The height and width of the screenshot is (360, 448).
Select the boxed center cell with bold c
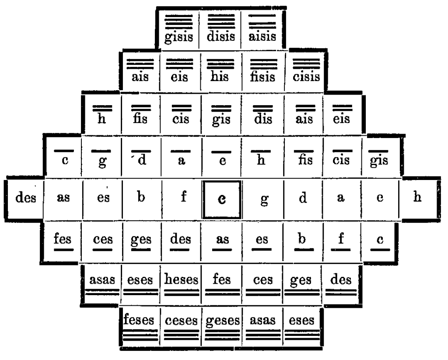click(222, 198)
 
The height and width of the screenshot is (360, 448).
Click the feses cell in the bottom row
click(140, 325)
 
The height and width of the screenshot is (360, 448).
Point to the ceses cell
click(180, 325)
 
